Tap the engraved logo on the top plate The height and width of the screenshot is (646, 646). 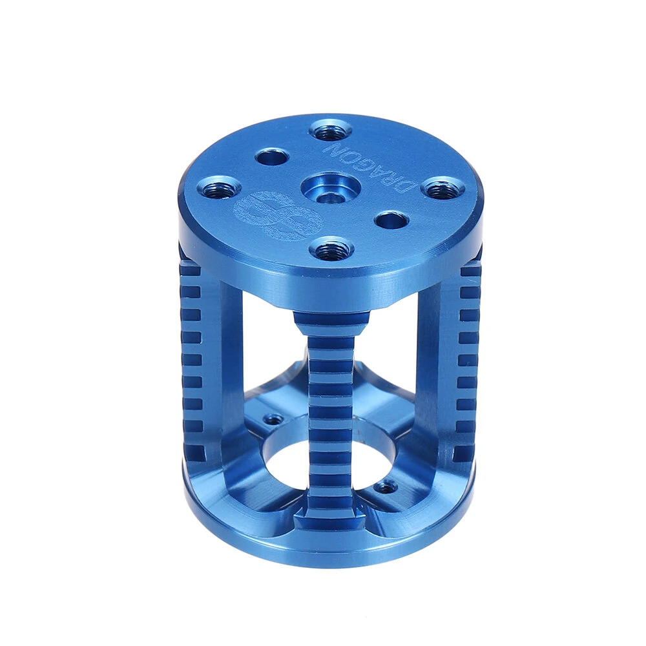[277, 216]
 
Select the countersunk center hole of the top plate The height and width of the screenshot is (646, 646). [331, 188]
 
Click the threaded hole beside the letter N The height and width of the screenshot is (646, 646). [330, 130]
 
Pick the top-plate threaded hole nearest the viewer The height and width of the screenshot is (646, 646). [332, 249]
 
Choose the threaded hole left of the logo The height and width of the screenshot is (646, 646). [218, 187]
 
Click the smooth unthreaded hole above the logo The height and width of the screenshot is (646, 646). [271, 157]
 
